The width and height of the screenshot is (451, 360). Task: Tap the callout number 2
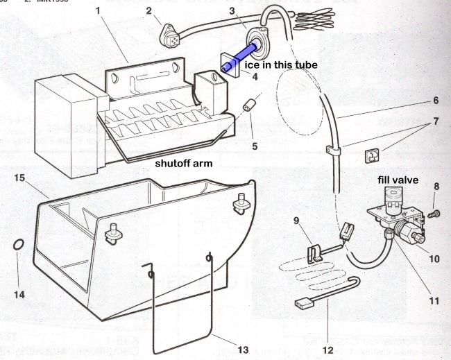pyautogui.click(x=148, y=10)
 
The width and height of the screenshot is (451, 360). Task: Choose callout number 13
pyautogui.click(x=241, y=350)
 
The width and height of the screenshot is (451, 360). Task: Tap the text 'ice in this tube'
pyautogui.click(x=280, y=65)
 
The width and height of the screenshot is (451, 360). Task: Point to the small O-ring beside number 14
pyautogui.click(x=19, y=246)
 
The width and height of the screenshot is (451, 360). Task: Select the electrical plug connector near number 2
pyautogui.click(x=167, y=31)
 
